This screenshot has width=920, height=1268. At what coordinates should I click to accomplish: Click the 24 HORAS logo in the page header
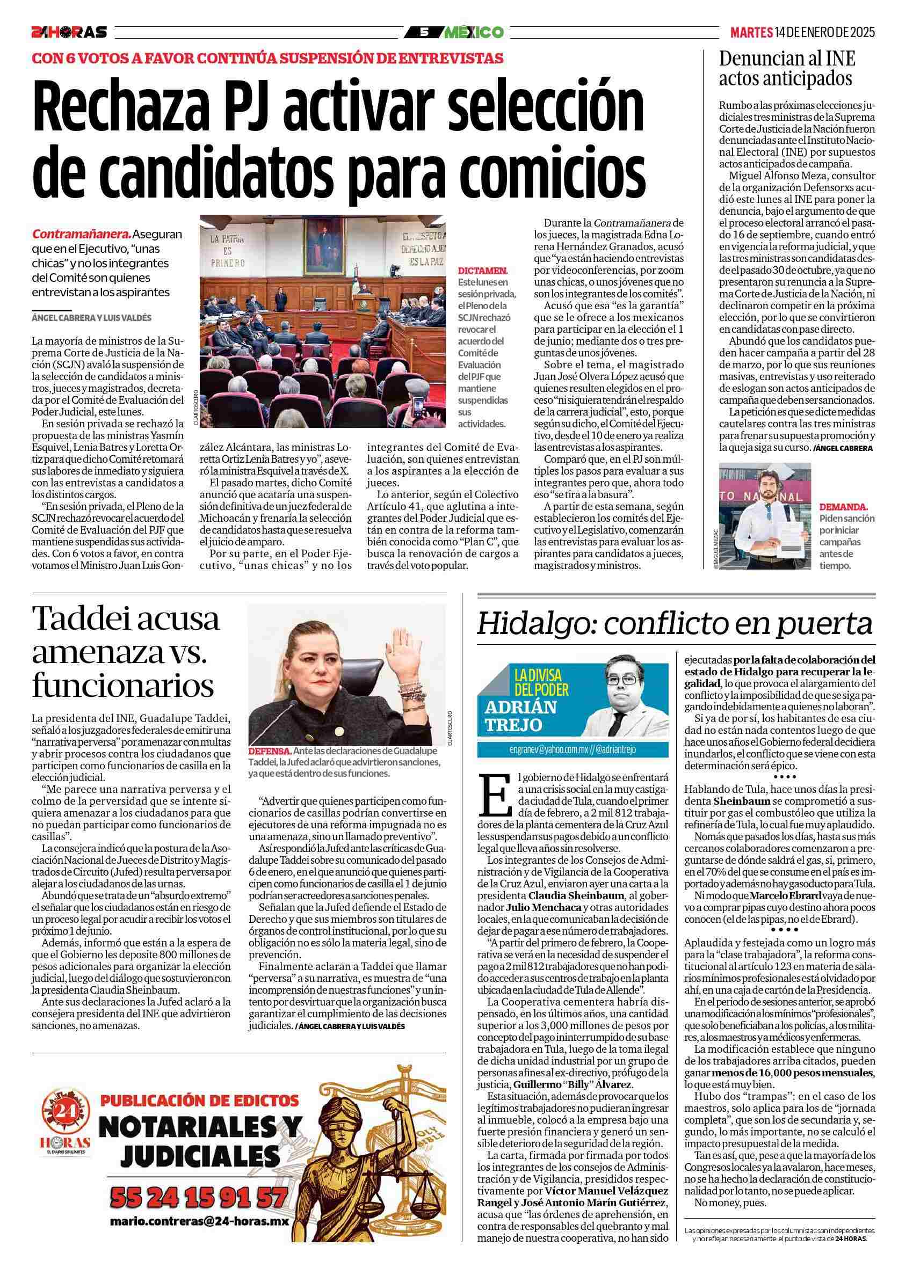point(69,32)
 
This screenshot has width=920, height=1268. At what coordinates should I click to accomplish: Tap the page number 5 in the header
point(424,32)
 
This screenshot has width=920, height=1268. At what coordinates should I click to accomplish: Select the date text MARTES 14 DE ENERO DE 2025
point(802,32)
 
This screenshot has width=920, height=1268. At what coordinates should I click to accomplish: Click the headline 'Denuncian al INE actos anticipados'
point(786,68)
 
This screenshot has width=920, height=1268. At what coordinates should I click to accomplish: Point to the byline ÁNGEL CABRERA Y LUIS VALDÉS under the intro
point(92,318)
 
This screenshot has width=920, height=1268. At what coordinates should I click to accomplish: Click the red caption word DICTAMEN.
point(483,270)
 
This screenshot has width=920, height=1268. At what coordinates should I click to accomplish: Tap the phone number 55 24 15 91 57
point(199,1197)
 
